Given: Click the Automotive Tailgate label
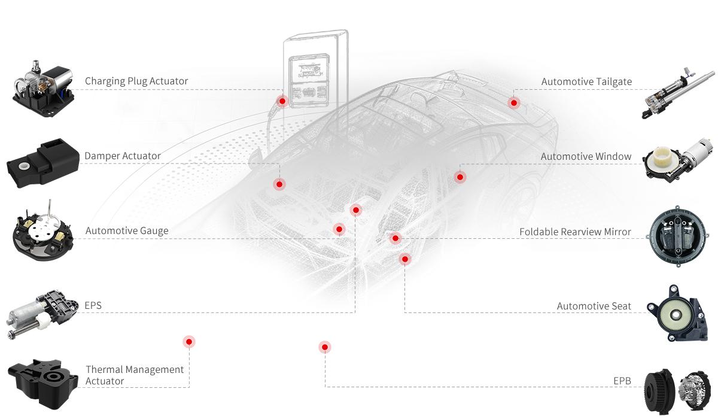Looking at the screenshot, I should pos(586,81).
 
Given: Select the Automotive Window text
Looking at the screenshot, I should pos(586,156).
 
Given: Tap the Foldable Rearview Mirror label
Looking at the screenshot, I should pos(575,232).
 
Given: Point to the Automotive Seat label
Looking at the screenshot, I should pos(594,306).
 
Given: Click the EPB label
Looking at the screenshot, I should pos(622,381).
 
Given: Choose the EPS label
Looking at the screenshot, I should pos(93,306).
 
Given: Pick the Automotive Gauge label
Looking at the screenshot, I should pos(126,231).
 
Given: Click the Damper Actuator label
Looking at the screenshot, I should pos(122,156).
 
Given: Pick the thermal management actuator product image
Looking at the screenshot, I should pos(42,380).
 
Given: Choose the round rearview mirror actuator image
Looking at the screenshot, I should pos(675,235).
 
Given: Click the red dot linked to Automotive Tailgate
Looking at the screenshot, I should pos(513,102).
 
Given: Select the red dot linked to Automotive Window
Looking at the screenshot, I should pos(460,177).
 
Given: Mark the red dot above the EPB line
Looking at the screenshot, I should pos(325,347).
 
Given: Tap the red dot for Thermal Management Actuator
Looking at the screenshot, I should pos(189,342).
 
